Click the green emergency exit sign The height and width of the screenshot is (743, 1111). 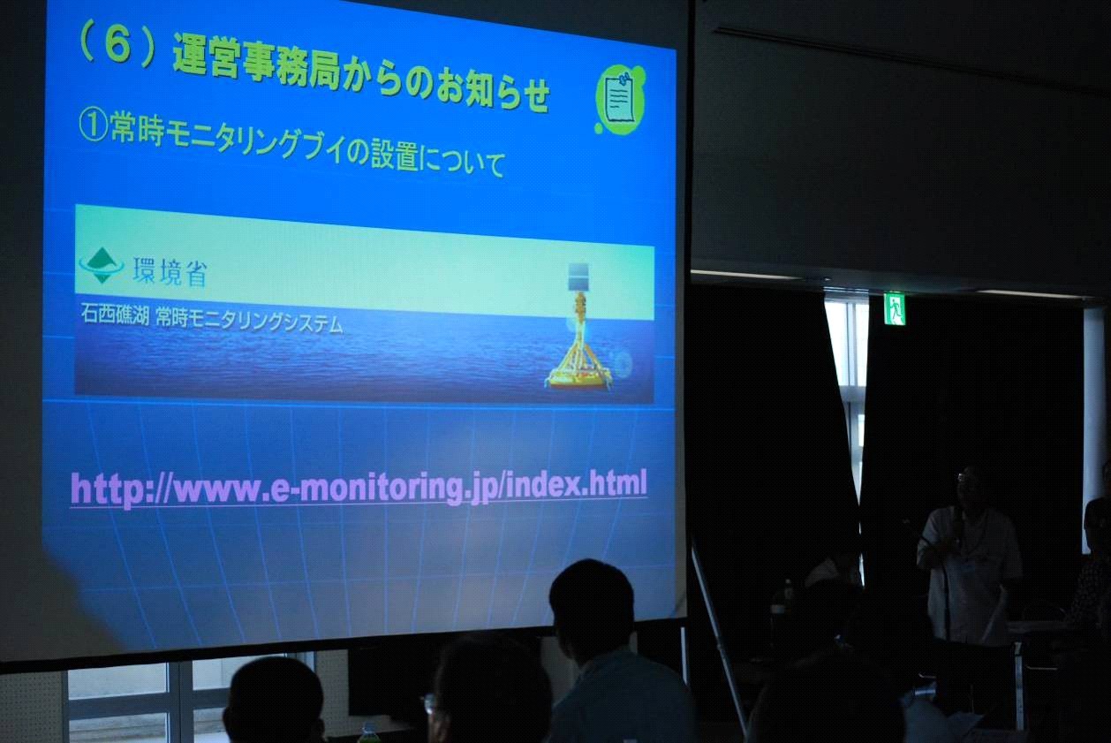(x=895, y=308)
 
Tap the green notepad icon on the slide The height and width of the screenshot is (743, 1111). (x=621, y=99)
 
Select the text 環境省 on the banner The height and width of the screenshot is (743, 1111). (x=170, y=272)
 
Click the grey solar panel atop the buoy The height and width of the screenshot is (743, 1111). (x=578, y=277)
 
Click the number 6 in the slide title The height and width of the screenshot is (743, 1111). (x=118, y=46)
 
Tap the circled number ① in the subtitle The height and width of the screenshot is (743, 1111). (x=94, y=125)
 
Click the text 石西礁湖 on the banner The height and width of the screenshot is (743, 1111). (x=115, y=314)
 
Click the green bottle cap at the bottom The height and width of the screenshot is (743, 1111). (x=368, y=728)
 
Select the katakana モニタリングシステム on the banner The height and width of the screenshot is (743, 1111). (x=249, y=320)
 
